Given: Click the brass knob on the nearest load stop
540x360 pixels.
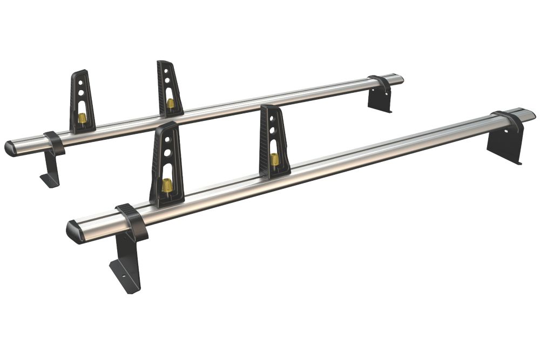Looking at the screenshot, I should [x=166, y=185].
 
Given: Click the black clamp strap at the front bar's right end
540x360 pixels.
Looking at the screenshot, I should [x=509, y=123].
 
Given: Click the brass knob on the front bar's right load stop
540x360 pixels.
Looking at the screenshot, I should [x=275, y=159].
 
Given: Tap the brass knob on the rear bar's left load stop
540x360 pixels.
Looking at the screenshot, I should [x=82, y=117].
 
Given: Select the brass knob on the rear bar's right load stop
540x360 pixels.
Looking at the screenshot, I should [x=171, y=103].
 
